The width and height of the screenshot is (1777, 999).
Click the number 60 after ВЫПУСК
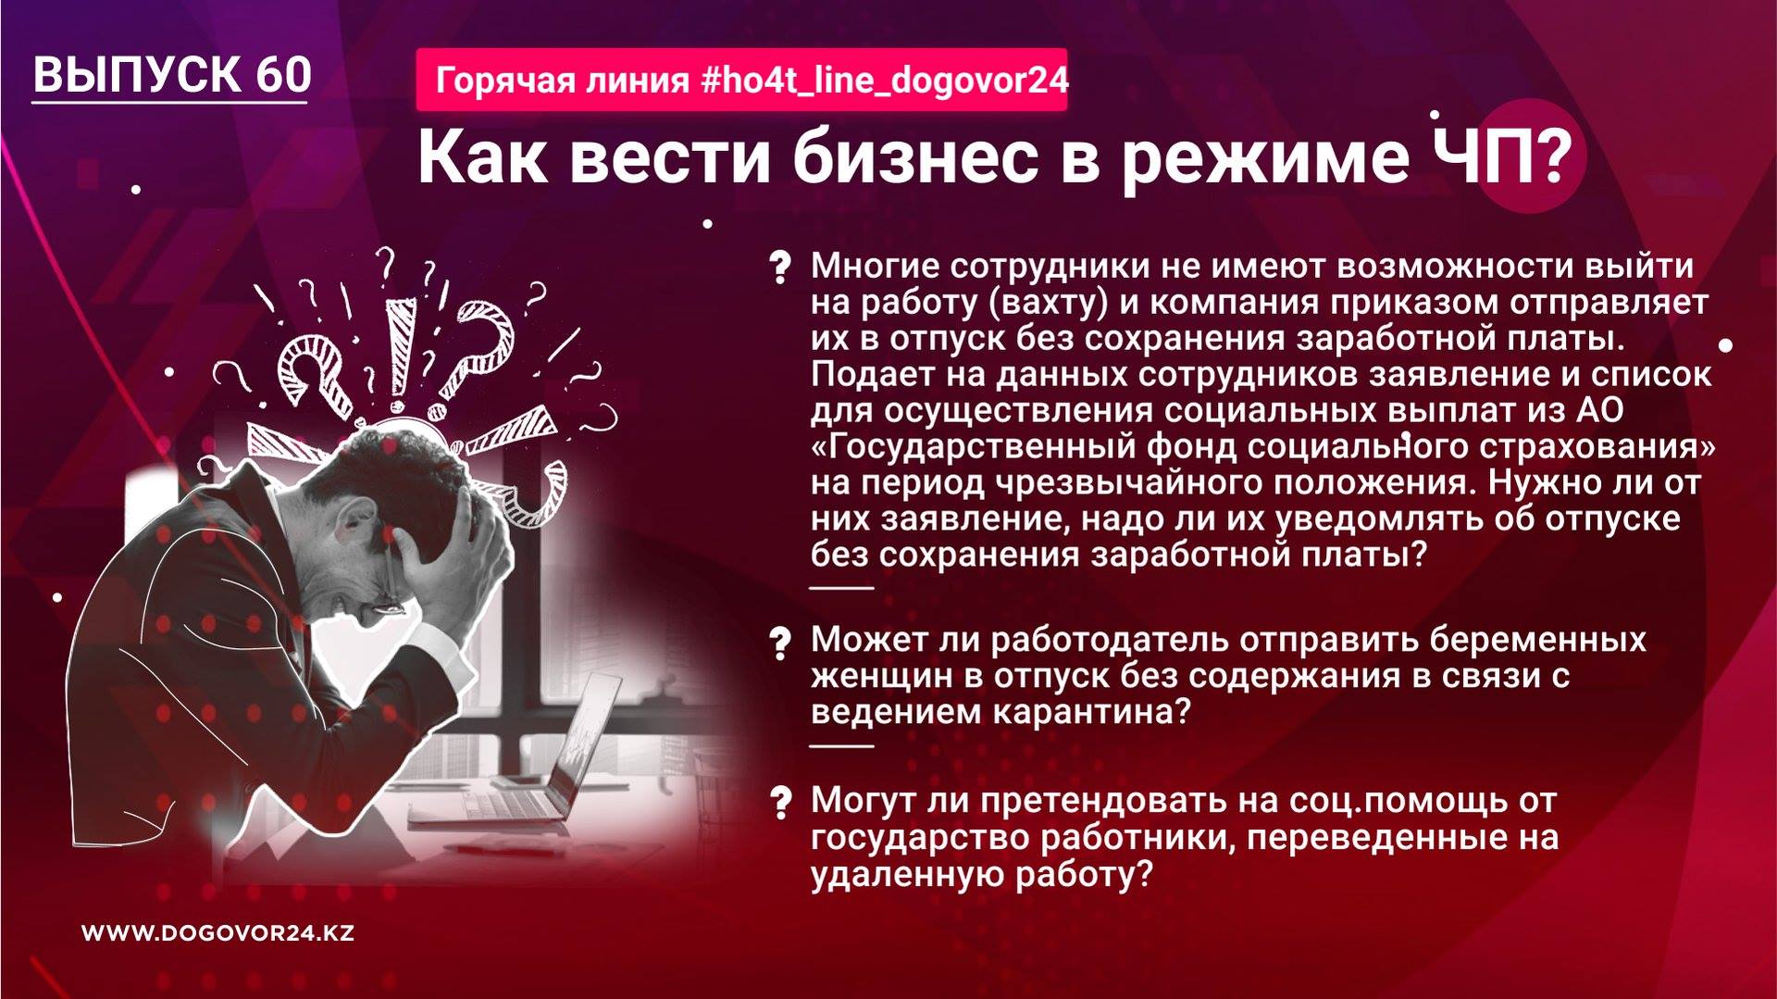coord(283,74)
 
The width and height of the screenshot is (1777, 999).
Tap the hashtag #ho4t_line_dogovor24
coord(885,81)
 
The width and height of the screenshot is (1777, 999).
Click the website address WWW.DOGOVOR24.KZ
coord(218,933)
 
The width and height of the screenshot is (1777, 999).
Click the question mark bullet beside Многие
coord(780,268)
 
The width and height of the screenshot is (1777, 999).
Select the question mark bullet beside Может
coord(780,643)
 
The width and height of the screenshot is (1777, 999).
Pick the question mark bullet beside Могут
coord(780,802)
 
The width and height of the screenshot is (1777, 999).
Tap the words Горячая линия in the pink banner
coord(563,81)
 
